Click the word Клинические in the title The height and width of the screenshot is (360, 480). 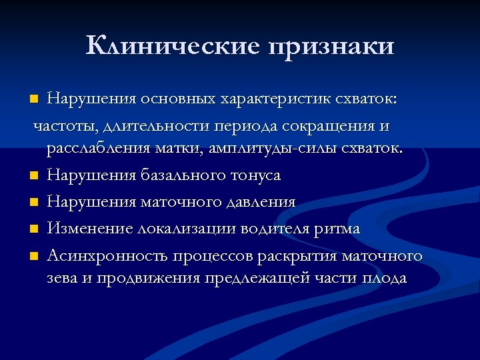(171, 45)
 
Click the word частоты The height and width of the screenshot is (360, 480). (64, 125)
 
